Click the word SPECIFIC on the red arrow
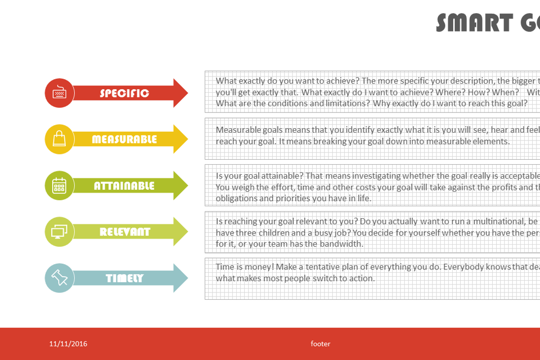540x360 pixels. click(x=124, y=93)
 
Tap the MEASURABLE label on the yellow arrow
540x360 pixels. click(x=124, y=139)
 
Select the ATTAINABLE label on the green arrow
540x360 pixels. click(x=124, y=186)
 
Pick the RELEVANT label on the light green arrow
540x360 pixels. click(x=125, y=232)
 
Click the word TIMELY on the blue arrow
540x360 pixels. click(x=125, y=279)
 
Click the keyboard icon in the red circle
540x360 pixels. click(x=59, y=93)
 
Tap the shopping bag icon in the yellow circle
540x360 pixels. click(x=59, y=139)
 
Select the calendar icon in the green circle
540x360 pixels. click(x=59, y=185)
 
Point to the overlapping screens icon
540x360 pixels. click(x=59, y=232)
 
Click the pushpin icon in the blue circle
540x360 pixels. click(x=59, y=278)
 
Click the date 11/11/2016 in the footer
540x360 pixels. click(x=68, y=344)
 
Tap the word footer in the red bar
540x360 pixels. click(x=320, y=344)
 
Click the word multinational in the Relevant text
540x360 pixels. click(x=499, y=221)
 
